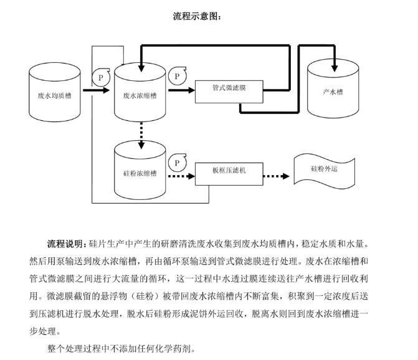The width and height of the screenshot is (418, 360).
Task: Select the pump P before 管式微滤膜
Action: (178, 76)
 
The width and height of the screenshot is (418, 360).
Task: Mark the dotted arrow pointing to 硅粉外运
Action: (277, 176)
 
